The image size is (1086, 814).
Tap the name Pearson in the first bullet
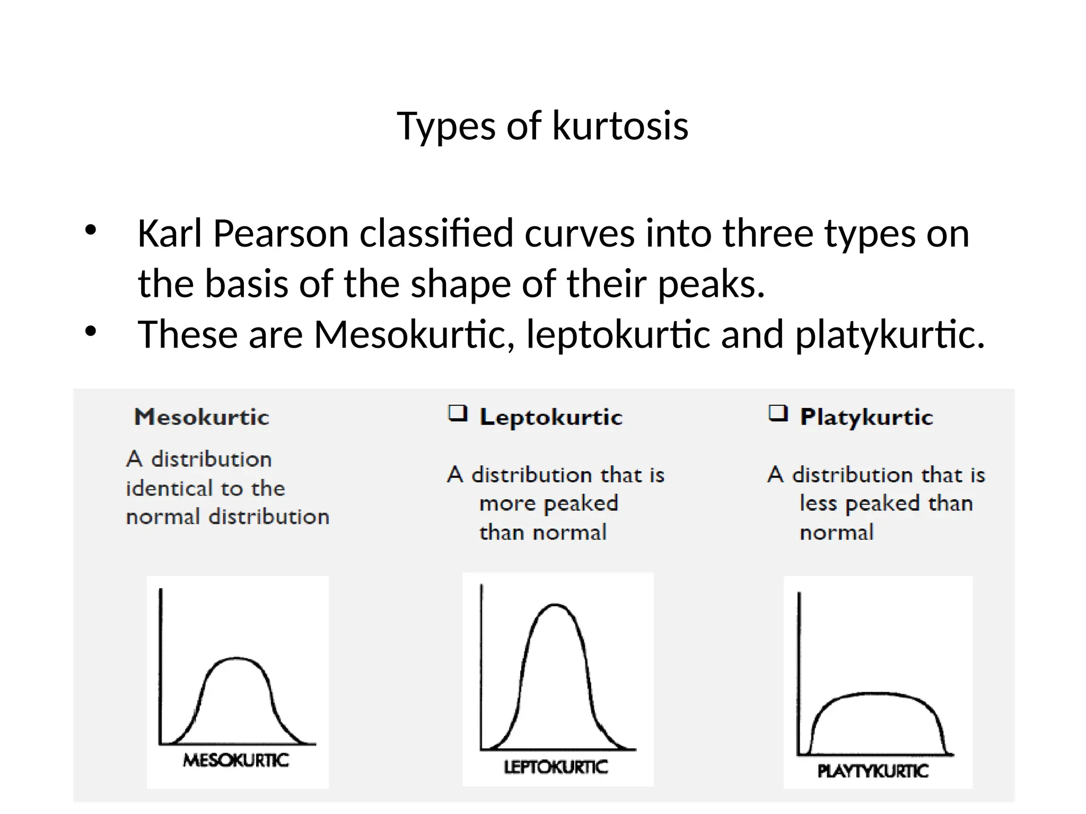coord(281,234)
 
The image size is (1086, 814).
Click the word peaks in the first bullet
coord(711,284)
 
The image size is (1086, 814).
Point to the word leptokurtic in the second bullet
coord(618,335)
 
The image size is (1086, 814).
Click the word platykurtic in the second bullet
coord(889,335)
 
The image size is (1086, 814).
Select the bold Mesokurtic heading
coord(202,417)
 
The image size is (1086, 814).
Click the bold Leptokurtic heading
coord(551,417)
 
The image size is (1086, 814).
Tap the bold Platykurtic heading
coord(866,417)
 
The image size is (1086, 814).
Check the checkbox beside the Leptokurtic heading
coord(458,413)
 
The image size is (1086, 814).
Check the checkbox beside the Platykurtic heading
coord(778,413)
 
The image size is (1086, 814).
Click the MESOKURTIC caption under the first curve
coord(236,760)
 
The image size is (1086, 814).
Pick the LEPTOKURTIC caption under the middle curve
coord(556,767)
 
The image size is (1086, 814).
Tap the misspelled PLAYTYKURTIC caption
coord(873,771)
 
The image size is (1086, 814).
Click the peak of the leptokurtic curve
coord(555,605)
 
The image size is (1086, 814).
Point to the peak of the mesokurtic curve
coord(235,659)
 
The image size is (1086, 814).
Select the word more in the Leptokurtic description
coord(501,503)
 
